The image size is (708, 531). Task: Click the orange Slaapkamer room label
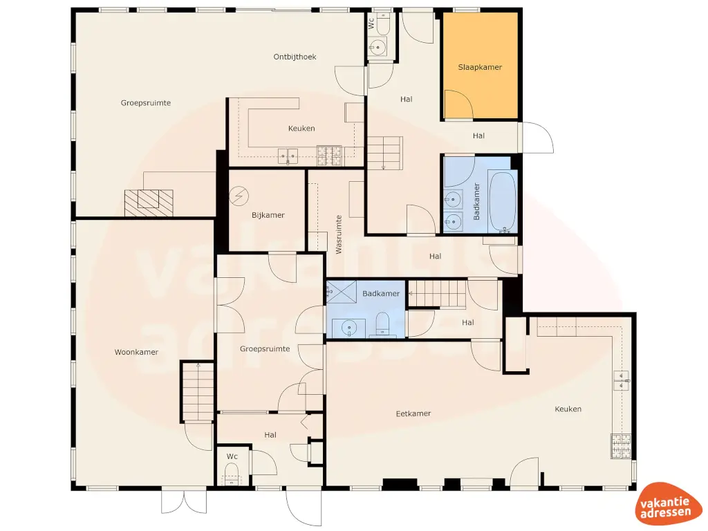[x=479, y=68]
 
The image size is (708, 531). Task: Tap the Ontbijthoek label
[x=295, y=57]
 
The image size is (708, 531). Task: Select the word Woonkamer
[x=136, y=352]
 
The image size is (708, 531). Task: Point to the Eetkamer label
[x=413, y=413]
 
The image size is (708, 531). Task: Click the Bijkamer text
[x=268, y=215]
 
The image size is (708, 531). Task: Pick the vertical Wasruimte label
[x=339, y=234]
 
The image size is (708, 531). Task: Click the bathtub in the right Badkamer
[x=502, y=202]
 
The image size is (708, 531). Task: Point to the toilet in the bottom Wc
[x=232, y=473]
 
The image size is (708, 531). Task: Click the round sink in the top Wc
[x=377, y=47]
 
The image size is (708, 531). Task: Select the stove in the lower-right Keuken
[x=620, y=445]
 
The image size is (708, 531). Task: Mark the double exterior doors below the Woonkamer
[x=184, y=502]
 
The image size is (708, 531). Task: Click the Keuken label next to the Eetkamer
[x=568, y=409]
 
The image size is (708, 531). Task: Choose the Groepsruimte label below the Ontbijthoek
[x=145, y=103]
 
